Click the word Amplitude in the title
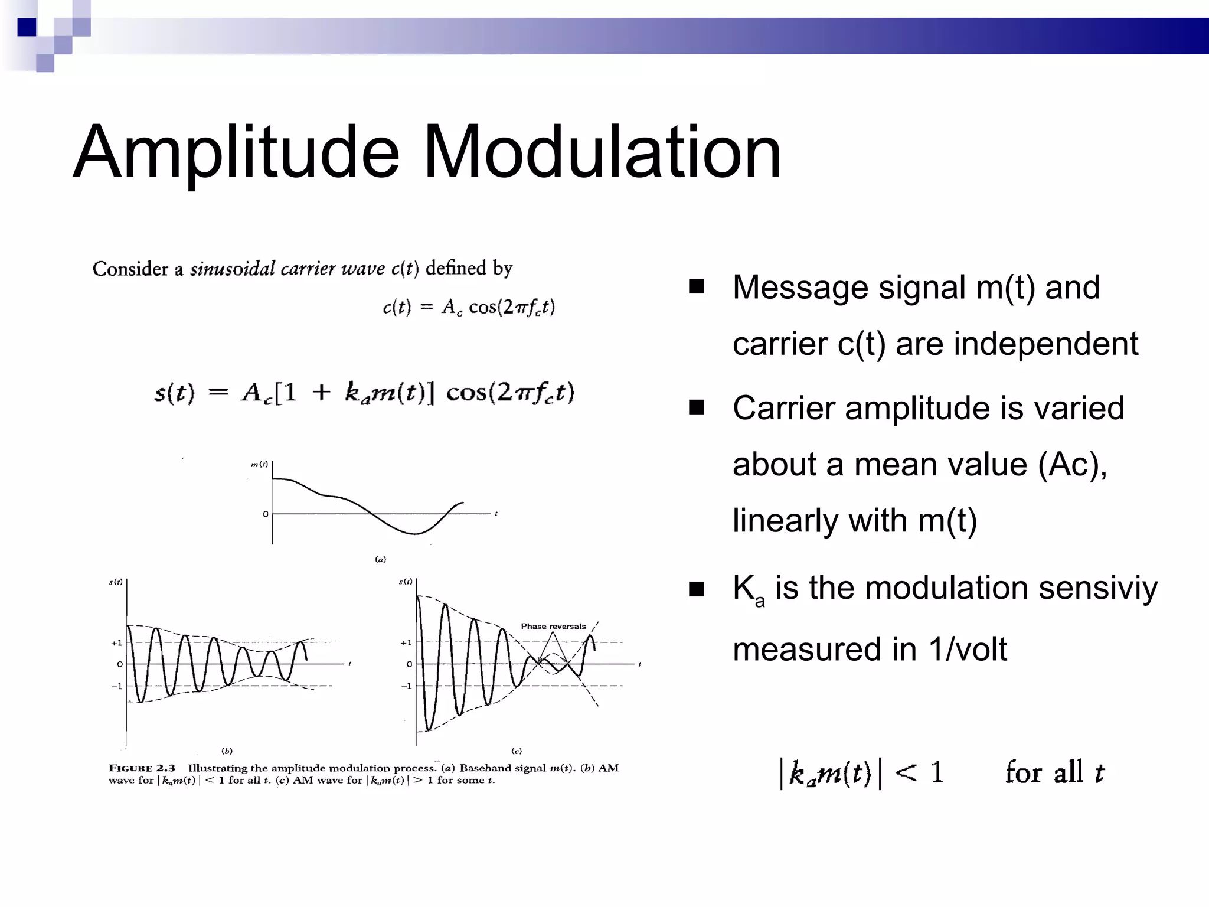[x=236, y=152]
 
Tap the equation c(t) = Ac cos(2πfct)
[x=469, y=307]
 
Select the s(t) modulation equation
[x=364, y=393]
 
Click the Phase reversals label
[x=553, y=627]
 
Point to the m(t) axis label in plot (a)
[x=259, y=465]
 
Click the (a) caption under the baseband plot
[x=381, y=559]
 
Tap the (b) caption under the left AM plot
[x=227, y=751]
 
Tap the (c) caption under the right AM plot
[x=517, y=751]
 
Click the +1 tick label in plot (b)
[x=116, y=643]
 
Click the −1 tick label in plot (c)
[x=406, y=686]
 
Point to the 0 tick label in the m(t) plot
[x=266, y=514]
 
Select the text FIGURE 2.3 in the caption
[x=142, y=768]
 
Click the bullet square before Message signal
[x=697, y=287]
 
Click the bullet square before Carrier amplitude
[x=697, y=408]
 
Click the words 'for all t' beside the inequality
[x=1054, y=772]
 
